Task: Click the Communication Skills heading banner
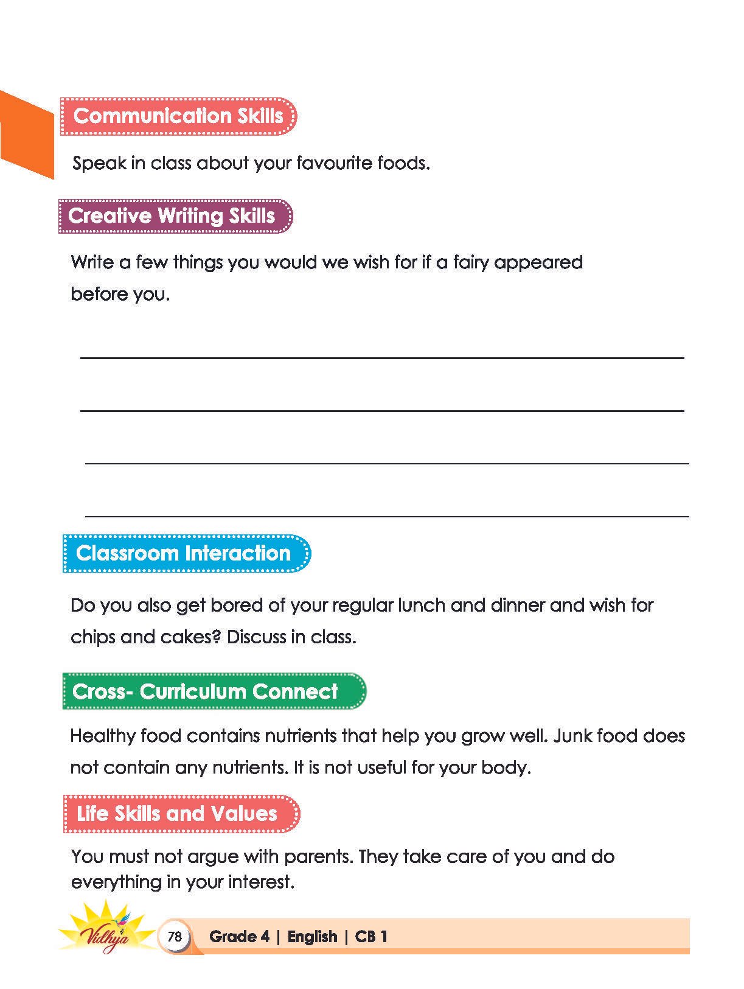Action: pyautogui.click(x=178, y=116)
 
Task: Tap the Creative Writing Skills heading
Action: pyautogui.click(x=175, y=216)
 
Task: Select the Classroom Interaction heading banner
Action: pyautogui.click(x=186, y=553)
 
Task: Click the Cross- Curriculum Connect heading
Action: pyautogui.click(x=213, y=691)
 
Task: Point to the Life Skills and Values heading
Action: pyautogui.click(x=181, y=814)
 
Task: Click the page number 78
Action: pyautogui.click(x=175, y=936)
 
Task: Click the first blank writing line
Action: pyautogui.click(x=382, y=358)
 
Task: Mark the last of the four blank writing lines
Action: pyautogui.click(x=387, y=516)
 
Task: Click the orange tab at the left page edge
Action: pyautogui.click(x=26, y=135)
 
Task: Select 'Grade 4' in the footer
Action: pyautogui.click(x=239, y=936)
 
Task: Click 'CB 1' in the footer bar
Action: pyautogui.click(x=371, y=936)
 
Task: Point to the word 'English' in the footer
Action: pyautogui.click(x=312, y=936)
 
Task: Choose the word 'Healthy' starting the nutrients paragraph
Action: pyautogui.click(x=103, y=736)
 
